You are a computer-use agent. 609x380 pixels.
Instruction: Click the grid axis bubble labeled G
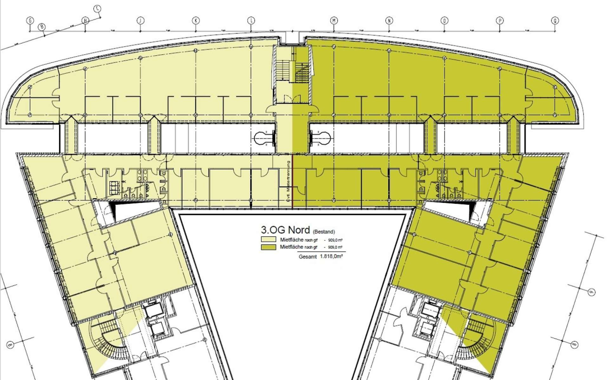pos(30,20)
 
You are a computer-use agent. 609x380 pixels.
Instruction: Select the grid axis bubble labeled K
pos(196,20)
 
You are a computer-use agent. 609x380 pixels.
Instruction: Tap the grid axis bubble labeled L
pos(251,20)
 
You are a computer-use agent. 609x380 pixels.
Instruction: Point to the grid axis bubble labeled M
pos(334,20)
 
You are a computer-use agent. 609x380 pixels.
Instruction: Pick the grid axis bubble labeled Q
pos(555,20)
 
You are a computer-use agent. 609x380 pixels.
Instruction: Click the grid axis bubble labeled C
pos(98,8)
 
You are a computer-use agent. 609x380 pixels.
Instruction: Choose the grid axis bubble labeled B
pos(42,27)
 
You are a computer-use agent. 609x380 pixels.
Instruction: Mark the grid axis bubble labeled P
pos(500,20)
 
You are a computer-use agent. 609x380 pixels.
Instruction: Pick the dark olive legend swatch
pos(269,248)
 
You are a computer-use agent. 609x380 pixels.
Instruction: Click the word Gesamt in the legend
pos(308,256)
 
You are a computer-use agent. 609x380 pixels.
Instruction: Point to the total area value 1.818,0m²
pos(332,256)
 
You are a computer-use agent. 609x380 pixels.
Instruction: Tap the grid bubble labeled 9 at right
pos(592,291)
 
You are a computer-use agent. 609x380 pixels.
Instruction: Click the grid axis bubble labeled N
pos(389,20)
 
